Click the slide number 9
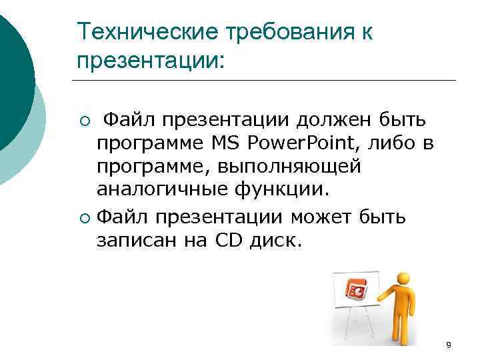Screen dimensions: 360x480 448,345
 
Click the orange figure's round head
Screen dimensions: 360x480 402,279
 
